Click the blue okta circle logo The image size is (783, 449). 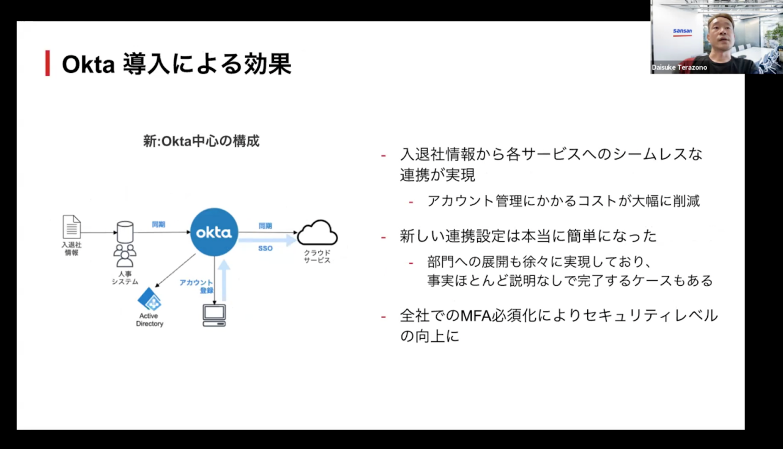[214, 232]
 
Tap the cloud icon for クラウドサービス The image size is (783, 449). [317, 232]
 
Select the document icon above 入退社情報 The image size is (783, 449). [72, 227]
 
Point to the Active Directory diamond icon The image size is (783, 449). [149, 300]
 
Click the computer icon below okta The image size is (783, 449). [214, 314]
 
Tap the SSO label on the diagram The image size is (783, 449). [265, 249]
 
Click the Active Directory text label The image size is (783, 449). [149, 320]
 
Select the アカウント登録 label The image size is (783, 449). [196, 286]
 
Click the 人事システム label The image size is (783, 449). [125, 278]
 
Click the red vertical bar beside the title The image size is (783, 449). [48, 64]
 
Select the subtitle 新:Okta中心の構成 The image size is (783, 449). [201, 141]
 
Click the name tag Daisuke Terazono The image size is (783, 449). [680, 68]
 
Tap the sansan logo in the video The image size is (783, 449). [682, 31]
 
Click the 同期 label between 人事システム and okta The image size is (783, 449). [158, 224]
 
